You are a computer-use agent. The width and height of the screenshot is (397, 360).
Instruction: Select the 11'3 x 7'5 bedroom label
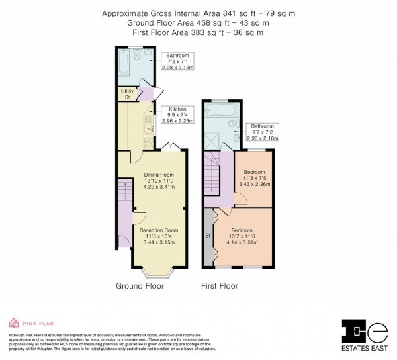(x=255, y=171)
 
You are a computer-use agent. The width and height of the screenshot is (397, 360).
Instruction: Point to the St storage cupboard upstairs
(x=208, y=235)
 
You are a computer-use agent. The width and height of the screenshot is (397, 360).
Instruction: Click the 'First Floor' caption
(x=219, y=287)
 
